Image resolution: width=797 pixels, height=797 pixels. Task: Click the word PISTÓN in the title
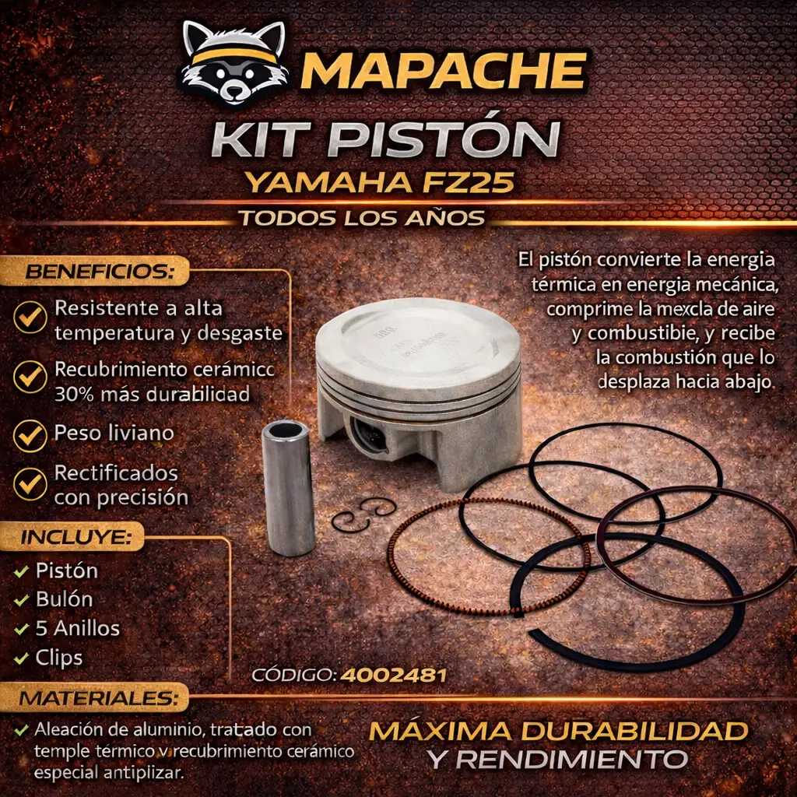click(447, 139)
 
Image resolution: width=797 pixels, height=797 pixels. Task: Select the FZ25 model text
click(468, 182)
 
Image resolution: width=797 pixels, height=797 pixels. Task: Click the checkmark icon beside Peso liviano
click(30, 435)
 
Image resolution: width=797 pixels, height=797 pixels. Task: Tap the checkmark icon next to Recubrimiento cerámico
click(30, 377)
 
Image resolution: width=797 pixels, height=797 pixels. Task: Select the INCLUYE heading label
click(76, 537)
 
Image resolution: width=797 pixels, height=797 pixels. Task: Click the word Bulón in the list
click(64, 599)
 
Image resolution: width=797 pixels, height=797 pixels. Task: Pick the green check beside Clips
click(21, 658)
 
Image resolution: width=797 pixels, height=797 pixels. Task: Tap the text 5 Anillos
click(78, 628)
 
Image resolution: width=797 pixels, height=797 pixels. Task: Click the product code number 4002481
click(393, 675)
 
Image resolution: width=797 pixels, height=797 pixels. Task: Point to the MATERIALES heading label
click(99, 698)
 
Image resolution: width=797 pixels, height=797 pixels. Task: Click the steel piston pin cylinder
click(288, 487)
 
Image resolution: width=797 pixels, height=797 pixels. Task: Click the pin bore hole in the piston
click(369, 435)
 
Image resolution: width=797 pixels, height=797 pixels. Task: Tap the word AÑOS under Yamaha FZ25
click(444, 218)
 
